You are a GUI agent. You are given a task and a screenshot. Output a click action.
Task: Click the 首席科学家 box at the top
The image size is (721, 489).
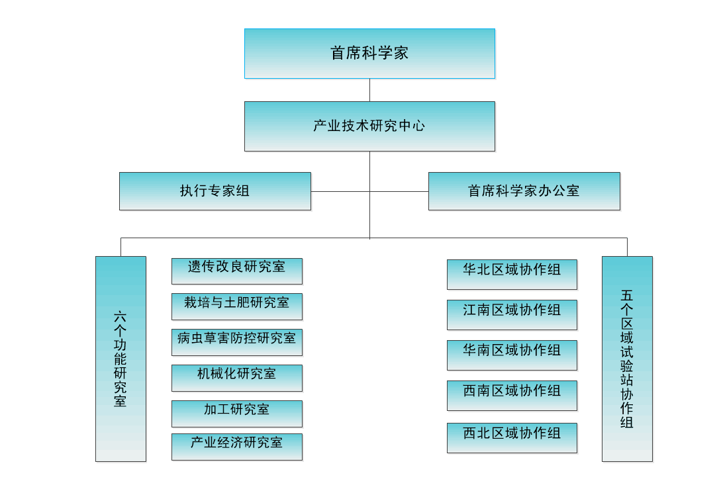369,54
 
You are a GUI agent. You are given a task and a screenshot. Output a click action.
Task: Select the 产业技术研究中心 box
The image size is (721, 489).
369,126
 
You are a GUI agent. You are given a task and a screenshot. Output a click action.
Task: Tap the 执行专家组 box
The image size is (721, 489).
215,191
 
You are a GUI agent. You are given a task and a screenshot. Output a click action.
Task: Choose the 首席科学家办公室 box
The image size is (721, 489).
524,191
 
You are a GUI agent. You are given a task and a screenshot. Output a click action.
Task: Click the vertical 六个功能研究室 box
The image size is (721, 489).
120,359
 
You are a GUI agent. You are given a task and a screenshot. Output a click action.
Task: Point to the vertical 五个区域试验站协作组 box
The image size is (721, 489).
627,359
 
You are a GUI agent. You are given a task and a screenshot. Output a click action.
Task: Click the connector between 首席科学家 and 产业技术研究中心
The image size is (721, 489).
369,90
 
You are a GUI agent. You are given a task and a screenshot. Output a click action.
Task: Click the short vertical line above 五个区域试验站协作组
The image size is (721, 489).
627,247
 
